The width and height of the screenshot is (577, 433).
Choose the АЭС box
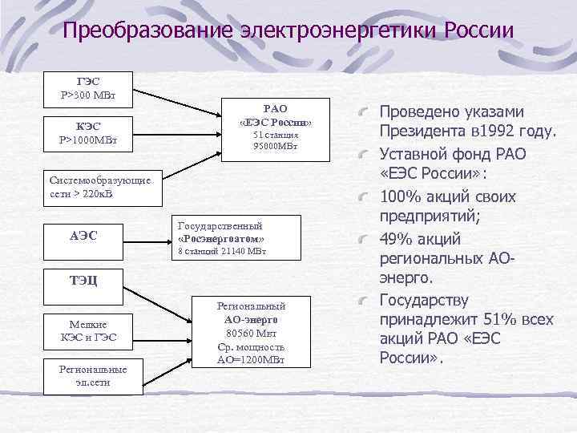pos(88,235)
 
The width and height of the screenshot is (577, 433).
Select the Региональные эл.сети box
pos(93,375)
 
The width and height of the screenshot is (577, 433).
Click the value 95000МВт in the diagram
pos(275,147)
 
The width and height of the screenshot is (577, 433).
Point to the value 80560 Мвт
pos(251,333)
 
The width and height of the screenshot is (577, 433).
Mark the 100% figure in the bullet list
pos(403,196)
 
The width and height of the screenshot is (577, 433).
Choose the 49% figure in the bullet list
pos(397,240)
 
